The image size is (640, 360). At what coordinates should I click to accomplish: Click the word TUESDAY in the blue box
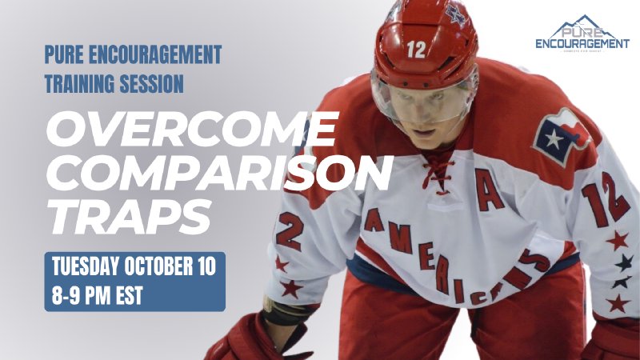pyautogui.click(x=86, y=267)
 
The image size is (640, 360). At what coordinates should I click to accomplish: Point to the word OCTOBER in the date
pyautogui.click(x=160, y=267)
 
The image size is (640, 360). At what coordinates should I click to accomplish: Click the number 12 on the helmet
pyautogui.click(x=416, y=50)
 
